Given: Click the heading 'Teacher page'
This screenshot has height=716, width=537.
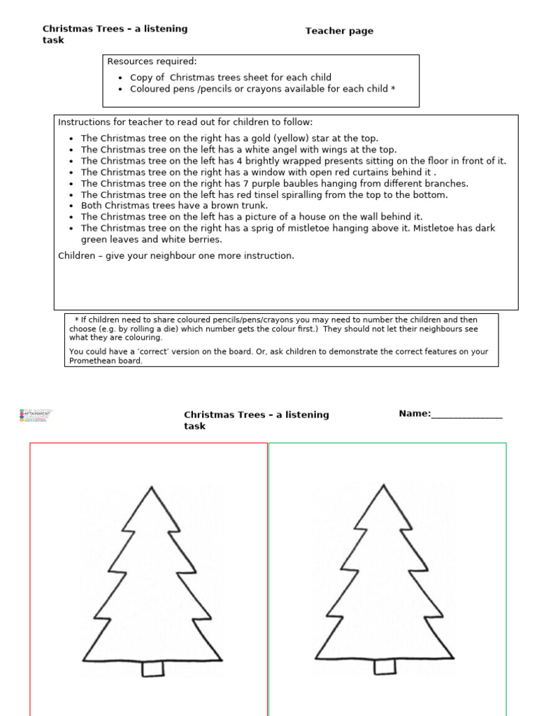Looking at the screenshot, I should point(339,31).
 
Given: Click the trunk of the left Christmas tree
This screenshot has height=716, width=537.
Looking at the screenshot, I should point(153,668).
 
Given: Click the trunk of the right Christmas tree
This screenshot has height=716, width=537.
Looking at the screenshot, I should point(385,667).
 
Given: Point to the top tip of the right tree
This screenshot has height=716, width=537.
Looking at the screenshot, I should point(383,485).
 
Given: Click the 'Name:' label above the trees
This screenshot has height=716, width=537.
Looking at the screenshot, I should point(415,413).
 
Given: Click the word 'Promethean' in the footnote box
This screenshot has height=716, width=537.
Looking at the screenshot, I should point(91,361).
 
